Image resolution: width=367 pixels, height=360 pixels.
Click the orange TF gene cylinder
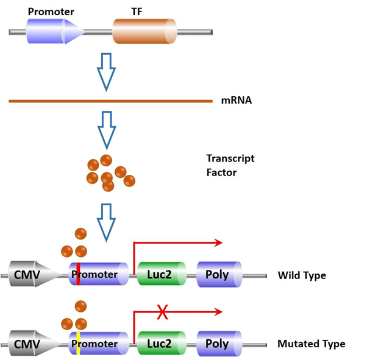[144, 31]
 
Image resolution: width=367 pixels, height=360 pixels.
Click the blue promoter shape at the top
[55, 31]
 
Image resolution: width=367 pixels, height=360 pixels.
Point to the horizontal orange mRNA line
[110, 101]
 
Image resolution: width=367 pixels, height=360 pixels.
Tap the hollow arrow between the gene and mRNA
[107, 71]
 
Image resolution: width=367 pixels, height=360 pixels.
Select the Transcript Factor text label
[230, 165]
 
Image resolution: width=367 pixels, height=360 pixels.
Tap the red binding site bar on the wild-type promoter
[78, 275]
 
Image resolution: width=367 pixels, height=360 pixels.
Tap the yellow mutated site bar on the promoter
[78, 344]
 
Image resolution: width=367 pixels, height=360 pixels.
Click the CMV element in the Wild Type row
[30, 275]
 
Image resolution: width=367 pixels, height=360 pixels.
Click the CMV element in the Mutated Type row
[30, 344]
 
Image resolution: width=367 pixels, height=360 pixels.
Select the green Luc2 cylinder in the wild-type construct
[159, 275]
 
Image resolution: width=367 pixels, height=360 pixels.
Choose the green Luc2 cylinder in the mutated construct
[159, 344]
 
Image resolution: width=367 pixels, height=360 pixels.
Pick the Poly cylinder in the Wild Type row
[218, 275]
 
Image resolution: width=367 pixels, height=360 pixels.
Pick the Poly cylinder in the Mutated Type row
[218, 344]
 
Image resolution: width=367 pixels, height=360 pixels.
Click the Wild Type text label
[302, 276]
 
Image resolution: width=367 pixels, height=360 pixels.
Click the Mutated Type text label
[311, 344]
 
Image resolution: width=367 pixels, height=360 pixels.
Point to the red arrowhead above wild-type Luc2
[218, 243]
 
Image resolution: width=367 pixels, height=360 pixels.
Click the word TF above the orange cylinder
[137, 12]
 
